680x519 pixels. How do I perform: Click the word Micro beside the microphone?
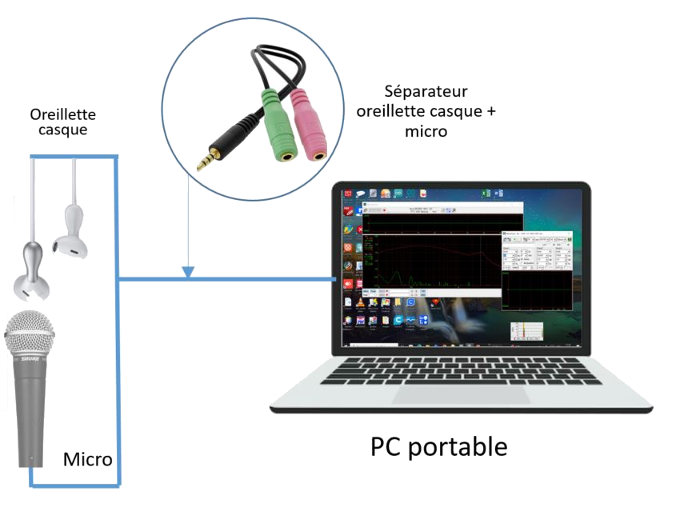pyautogui.click(x=87, y=460)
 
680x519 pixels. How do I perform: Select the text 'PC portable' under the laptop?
pyautogui.click(x=438, y=445)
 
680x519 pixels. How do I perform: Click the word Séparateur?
pyautogui.click(x=426, y=91)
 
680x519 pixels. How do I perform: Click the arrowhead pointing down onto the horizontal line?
pyautogui.click(x=187, y=273)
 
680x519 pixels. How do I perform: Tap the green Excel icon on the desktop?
pyautogui.click(x=484, y=195)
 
